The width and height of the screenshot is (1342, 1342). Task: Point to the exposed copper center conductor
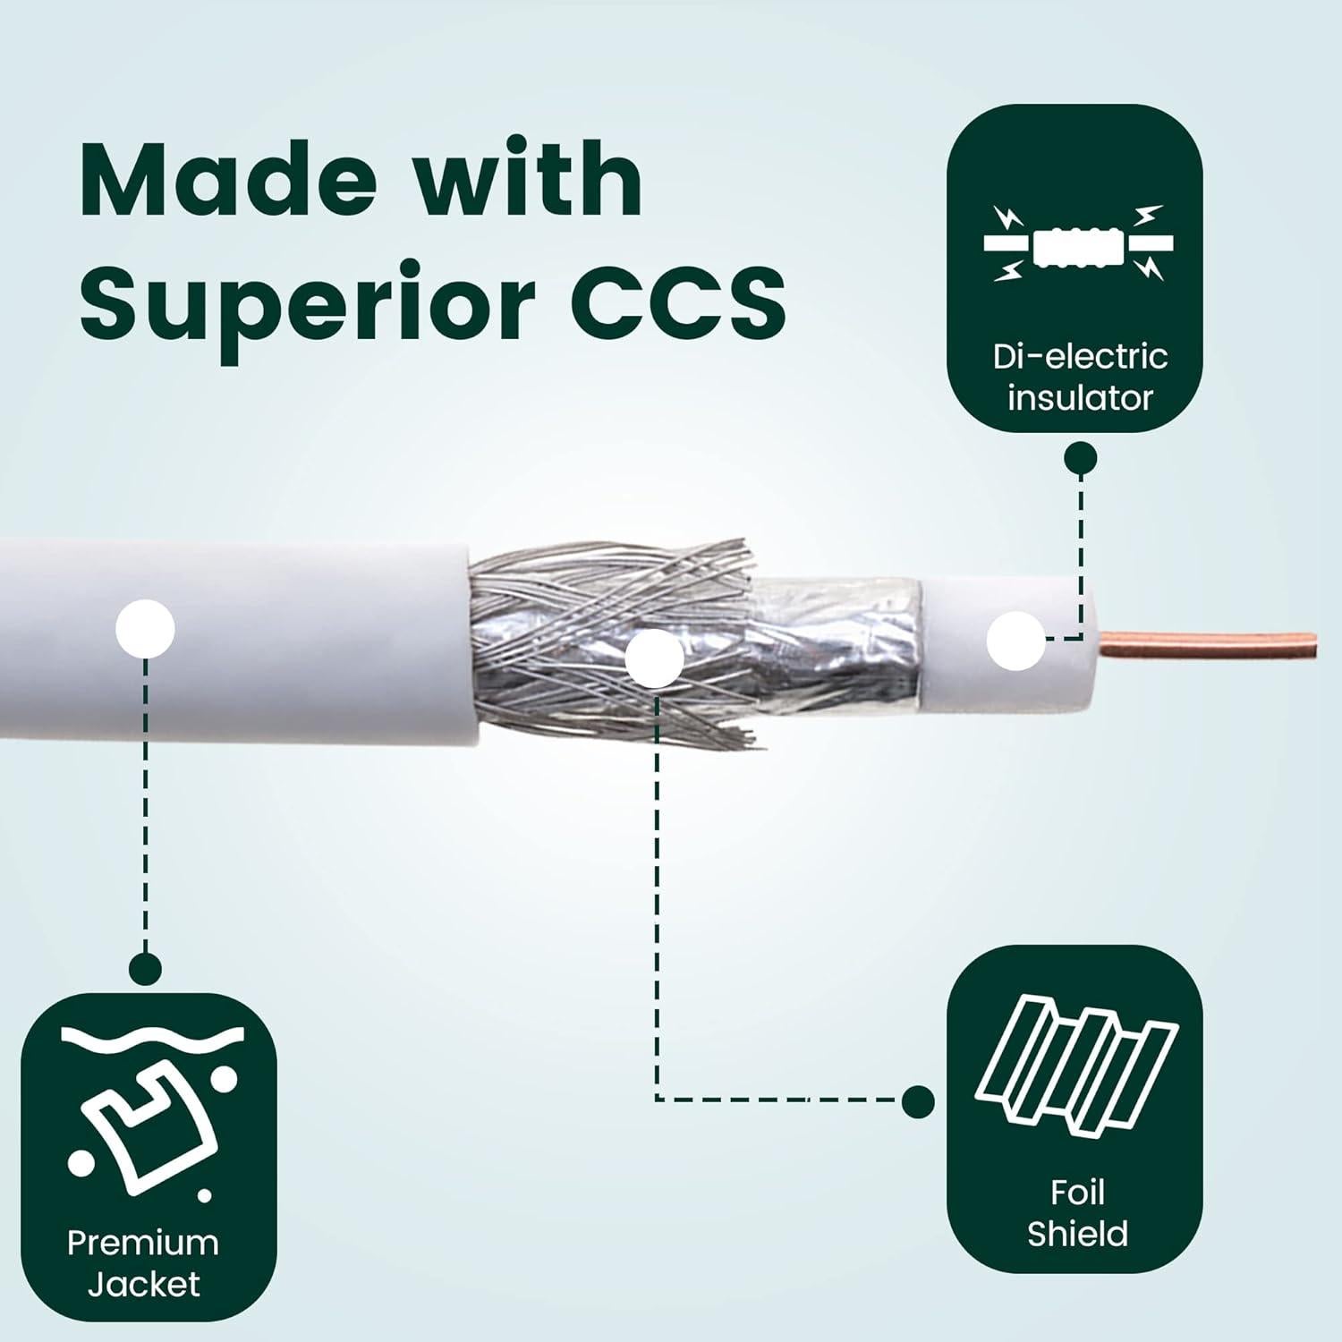pos(1208,644)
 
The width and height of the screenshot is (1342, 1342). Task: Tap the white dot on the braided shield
pos(654,658)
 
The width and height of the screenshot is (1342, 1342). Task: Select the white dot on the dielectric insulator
pos(1015,641)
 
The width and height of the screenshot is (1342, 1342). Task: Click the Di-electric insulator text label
pos(1080,377)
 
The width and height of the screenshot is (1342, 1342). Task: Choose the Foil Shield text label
pos(1077,1213)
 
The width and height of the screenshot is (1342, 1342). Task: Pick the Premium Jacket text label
pos(143,1263)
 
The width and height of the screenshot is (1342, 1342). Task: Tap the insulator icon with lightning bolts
pos(1079,243)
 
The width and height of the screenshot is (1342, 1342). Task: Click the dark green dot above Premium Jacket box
pos(145,968)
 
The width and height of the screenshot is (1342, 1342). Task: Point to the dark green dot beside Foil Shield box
pos(918,1101)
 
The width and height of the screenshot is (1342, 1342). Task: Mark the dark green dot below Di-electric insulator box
pos(1080,459)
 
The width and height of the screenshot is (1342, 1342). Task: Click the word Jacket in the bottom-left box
pos(143,1285)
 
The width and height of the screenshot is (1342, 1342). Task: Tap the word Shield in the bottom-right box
pos(1077,1235)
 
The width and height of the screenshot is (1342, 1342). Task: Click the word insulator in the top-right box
pos(1080,398)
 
